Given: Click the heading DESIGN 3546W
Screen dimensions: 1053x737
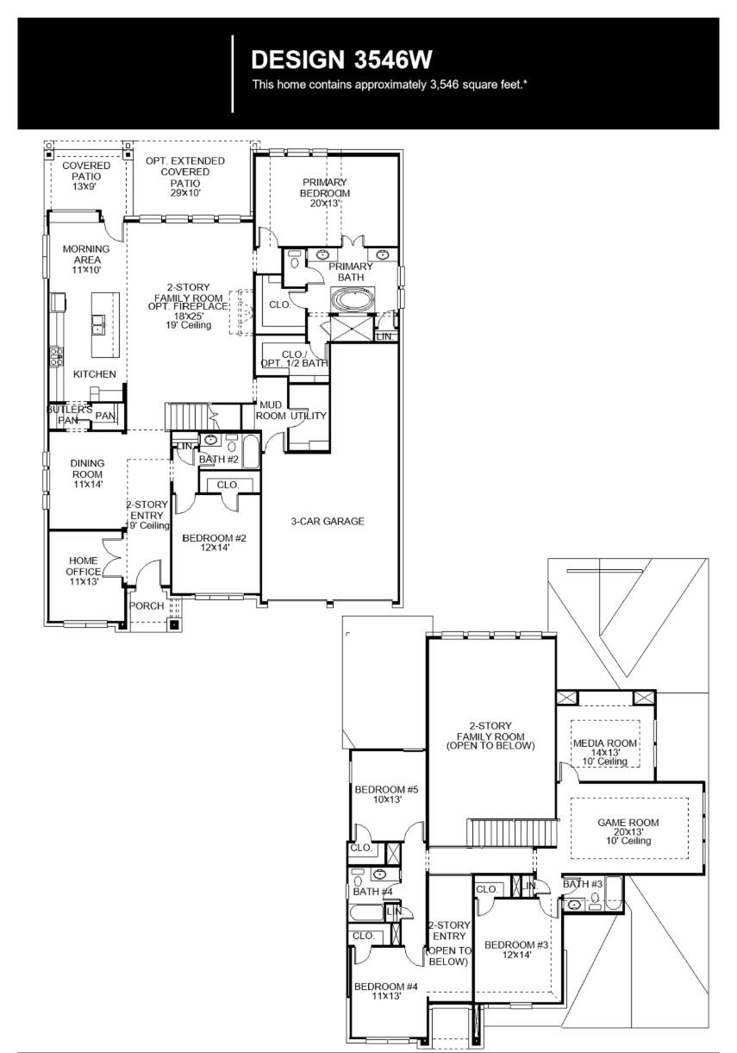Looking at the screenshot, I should pos(341,60).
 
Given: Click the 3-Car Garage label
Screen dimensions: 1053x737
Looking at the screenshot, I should pos(327,521).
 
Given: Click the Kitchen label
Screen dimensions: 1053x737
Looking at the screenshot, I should pos(95,374).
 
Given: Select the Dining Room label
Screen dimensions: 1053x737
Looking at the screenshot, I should pos(86,473).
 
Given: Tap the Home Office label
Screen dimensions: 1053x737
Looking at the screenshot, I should pos(83,571).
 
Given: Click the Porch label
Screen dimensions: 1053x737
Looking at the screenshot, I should pos(147,606).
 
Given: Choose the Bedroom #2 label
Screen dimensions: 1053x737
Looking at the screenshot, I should pos(215,543).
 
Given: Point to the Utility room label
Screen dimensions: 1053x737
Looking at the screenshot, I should pos(309,416).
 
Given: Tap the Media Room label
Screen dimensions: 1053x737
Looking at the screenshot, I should pos(605,748).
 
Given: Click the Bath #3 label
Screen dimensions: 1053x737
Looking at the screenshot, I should pos(583,884).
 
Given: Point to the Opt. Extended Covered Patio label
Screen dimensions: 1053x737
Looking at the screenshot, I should pos(185,172).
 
